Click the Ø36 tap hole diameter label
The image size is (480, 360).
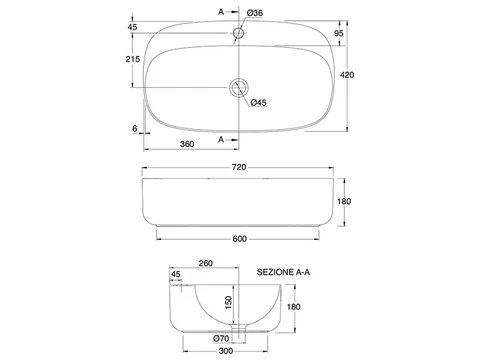point(255,13)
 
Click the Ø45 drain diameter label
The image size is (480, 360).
point(259,103)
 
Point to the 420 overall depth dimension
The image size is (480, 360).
point(347,75)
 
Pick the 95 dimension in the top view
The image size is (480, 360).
point(339,33)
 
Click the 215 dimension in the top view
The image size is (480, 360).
point(133,59)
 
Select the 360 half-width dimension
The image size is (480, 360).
point(187,144)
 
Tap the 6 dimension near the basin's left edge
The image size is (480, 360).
point(135,128)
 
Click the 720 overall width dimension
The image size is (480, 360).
point(239,167)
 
